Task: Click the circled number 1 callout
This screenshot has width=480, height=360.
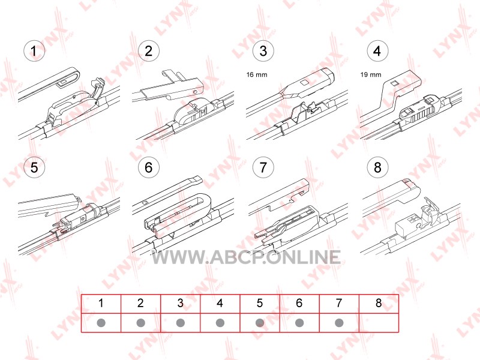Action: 34,50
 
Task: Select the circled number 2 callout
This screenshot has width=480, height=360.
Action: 148,50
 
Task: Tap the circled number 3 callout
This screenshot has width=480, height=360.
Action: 263,50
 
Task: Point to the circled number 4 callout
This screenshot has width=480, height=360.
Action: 377,50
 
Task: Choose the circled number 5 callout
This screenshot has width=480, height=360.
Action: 34,167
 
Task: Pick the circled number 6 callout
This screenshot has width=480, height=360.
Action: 148,167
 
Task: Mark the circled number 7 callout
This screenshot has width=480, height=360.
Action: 263,167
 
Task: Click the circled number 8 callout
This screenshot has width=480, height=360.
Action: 377,167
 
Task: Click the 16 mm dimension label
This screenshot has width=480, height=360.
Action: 257,74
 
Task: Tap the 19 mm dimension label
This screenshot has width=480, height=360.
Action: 371,74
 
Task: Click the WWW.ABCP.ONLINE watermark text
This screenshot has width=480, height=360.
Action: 246,257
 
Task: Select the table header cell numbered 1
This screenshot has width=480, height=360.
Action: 101,304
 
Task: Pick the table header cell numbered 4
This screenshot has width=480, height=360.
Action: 220,304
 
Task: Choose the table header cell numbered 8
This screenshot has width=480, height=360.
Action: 379,304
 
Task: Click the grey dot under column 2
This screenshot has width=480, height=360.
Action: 141,323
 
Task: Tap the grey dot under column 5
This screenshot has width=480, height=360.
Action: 260,323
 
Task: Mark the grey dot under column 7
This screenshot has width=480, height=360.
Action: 339,323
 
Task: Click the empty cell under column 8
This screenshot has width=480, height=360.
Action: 379,323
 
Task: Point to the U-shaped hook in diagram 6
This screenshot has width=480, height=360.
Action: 206,202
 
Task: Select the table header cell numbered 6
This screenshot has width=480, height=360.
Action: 299,304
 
